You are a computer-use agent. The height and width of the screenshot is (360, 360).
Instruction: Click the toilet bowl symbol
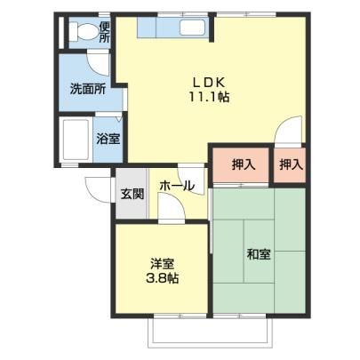[84, 31]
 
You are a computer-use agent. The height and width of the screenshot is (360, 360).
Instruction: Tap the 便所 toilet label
[104, 32]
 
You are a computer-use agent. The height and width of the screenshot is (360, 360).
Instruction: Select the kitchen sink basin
[192, 28]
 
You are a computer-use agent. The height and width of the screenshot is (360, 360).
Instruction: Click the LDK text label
[210, 83]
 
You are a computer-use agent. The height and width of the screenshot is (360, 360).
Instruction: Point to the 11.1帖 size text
[209, 97]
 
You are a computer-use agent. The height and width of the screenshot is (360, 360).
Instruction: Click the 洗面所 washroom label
[88, 89]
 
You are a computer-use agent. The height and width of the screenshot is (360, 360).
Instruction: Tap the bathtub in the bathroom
[75, 140]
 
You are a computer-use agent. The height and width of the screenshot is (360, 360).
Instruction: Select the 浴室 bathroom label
[108, 139]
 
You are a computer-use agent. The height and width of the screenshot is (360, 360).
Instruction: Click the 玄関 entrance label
[132, 194]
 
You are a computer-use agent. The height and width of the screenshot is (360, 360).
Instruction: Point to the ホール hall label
[177, 186]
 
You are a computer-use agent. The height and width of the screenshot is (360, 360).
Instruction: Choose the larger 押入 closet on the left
[241, 165]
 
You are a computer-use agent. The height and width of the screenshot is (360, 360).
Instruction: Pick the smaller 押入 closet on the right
[290, 165]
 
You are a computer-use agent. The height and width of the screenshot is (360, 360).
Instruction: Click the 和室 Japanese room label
[259, 254]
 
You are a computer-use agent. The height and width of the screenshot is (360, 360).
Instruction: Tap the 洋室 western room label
[162, 263]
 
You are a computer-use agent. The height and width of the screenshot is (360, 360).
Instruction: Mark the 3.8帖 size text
[162, 278]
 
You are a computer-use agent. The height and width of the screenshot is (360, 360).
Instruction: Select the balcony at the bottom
[210, 332]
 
